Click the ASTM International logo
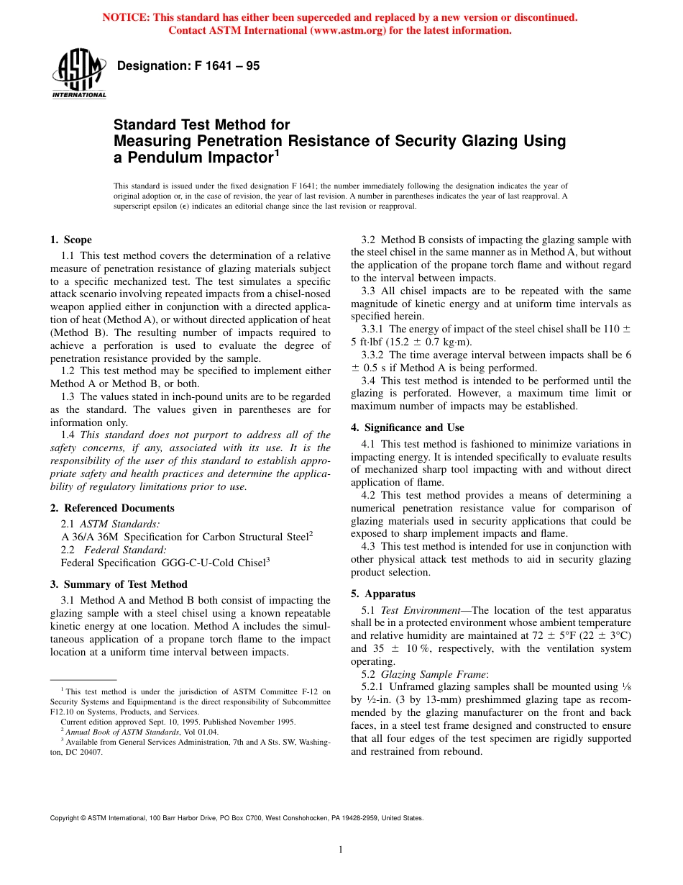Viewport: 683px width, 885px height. pos(79,73)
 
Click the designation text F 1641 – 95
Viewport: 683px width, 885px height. pos(188,66)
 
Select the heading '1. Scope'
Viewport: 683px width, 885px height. pos(71,240)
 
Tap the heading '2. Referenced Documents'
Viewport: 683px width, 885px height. pos(112,508)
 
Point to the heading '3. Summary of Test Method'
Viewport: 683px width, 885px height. pos(119,584)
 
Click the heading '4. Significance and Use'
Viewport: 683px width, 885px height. pos(408,427)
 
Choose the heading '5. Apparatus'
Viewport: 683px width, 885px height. pos(383,594)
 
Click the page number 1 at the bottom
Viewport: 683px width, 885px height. pos(341,850)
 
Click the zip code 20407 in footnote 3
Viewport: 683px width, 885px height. pos(91,752)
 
